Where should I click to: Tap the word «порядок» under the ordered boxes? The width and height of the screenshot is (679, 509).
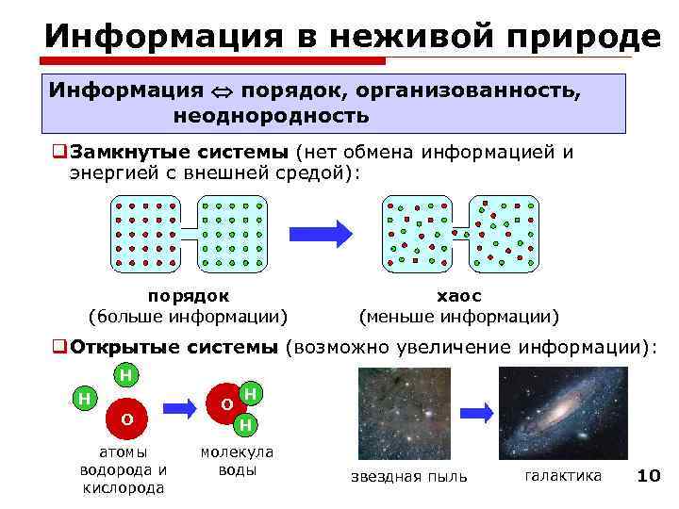tap(189, 296)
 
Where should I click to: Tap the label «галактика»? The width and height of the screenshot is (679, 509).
tap(562, 475)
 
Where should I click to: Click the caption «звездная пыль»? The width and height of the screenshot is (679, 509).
tap(408, 476)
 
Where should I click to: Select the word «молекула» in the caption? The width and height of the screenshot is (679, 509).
tap(237, 452)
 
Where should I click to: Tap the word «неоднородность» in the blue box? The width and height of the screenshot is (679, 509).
tap(271, 116)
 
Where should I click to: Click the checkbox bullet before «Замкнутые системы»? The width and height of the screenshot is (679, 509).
tap(59, 153)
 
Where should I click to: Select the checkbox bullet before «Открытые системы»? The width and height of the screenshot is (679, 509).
tap(59, 347)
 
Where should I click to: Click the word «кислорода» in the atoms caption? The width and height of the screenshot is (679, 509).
tap(124, 487)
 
